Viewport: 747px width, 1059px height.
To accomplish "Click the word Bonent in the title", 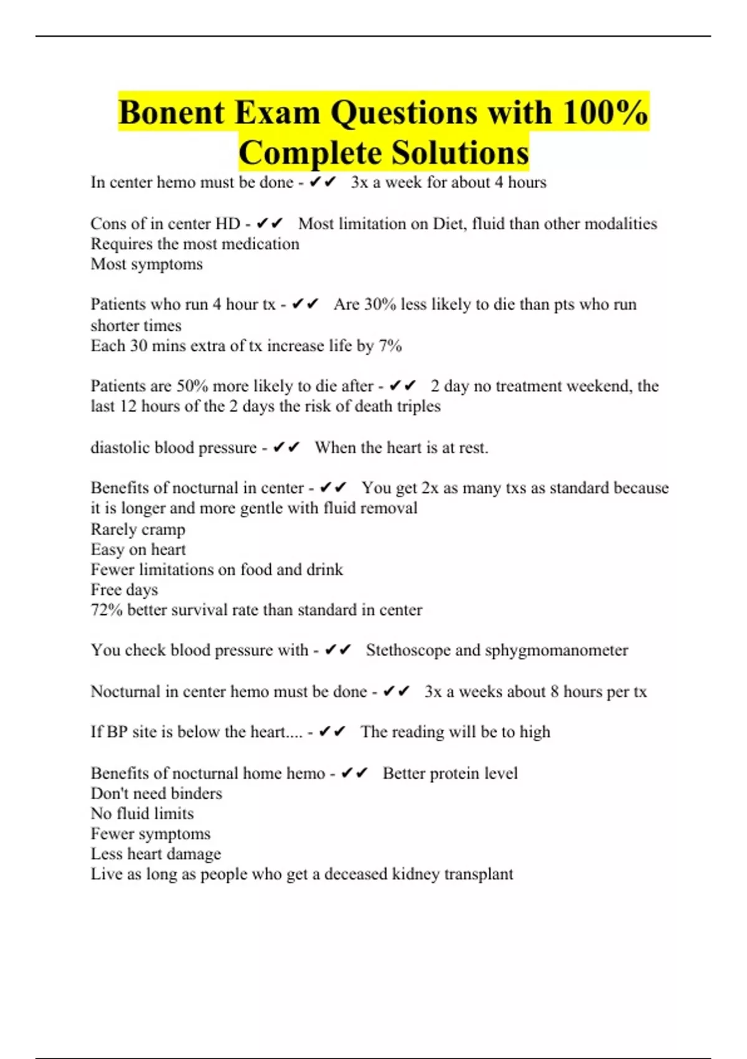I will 171,113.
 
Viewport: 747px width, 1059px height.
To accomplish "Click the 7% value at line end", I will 390,346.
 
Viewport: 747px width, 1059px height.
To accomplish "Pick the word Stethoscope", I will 408,650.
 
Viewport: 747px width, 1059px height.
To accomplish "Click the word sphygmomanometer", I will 557,650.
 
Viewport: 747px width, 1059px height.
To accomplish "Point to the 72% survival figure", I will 106,610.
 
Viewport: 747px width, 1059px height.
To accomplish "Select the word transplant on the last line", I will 478,874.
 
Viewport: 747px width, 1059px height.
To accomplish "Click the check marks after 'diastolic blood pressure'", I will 286,447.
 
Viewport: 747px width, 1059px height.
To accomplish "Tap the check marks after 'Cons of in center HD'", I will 270,224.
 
